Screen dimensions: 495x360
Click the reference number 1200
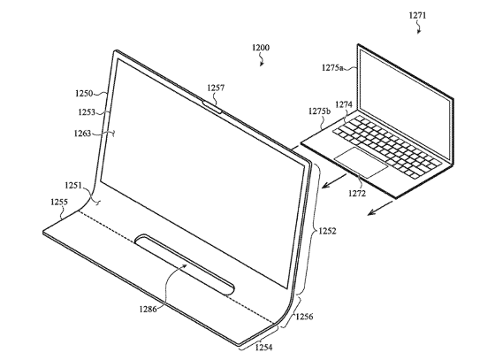tap(261, 48)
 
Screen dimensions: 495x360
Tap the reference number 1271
tap(417, 15)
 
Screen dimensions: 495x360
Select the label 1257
tap(216, 88)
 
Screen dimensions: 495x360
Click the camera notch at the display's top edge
tap(212, 107)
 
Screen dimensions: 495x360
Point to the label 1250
tap(84, 94)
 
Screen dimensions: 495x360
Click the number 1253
tap(87, 112)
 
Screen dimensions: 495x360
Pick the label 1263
tap(82, 134)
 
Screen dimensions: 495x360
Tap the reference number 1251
tap(73, 185)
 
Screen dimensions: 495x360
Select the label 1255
tap(59, 202)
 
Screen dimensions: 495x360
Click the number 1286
tap(148, 309)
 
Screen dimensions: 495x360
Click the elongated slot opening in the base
tap(185, 264)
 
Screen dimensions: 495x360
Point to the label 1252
tap(327, 231)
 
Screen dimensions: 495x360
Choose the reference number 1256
tap(304, 317)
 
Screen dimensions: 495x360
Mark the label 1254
tap(263, 348)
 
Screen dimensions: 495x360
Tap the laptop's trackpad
tap(361, 163)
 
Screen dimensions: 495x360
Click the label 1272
tap(357, 193)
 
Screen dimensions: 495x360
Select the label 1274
tap(344, 104)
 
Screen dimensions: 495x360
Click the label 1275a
tap(332, 67)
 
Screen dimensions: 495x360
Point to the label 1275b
tap(320, 111)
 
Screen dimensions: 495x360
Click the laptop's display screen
tap(405, 104)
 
